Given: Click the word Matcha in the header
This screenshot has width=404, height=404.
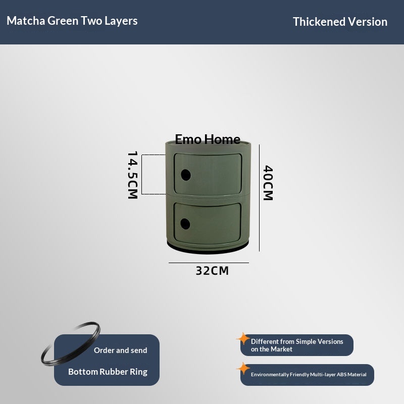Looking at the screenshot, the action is point(26,21).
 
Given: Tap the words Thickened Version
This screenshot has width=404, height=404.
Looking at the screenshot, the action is point(340,22).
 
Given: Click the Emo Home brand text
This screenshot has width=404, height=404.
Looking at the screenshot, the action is point(208,139).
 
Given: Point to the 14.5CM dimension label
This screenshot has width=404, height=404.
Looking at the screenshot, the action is point(133,175).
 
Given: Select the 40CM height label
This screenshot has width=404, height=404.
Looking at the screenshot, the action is point(268,183).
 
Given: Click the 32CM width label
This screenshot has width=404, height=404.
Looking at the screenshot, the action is point(212,271).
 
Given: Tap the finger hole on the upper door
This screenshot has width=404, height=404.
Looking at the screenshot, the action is point(186,175).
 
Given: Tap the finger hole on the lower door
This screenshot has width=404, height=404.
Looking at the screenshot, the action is point(185,224).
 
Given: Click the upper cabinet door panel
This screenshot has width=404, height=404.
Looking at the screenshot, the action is point(208,174).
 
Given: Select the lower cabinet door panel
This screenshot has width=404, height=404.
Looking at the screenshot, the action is point(208,223).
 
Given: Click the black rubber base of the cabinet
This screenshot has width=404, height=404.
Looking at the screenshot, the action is point(208,248).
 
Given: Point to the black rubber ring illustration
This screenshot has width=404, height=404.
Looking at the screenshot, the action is point(71,344).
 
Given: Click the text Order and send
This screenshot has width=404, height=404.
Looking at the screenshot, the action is point(121,350).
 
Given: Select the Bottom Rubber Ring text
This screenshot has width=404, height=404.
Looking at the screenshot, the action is point(108,372).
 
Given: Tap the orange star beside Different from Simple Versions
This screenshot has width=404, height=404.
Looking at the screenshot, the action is point(243,338).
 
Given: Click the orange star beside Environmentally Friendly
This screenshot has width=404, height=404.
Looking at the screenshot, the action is point(243,369).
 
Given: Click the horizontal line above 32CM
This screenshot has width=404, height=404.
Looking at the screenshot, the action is point(209,263).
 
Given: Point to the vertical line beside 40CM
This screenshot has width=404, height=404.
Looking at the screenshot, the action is point(259,198).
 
